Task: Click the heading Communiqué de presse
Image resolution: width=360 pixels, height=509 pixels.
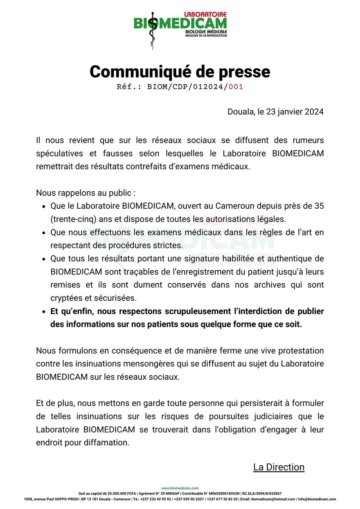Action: [x=180, y=72]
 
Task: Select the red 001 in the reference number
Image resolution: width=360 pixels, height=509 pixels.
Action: [x=236, y=87]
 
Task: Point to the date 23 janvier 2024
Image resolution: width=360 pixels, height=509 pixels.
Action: [x=294, y=112]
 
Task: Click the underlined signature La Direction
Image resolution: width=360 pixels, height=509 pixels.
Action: [x=279, y=467]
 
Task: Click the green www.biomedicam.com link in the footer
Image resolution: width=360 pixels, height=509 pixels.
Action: [x=180, y=488]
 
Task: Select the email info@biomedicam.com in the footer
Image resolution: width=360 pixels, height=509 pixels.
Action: [x=318, y=499]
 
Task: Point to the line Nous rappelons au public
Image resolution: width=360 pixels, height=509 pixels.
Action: [x=86, y=193]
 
